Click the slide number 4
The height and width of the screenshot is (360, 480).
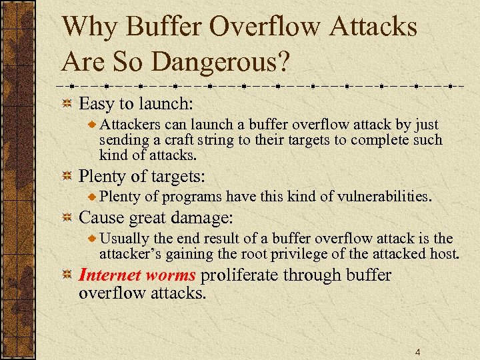click(x=417, y=352)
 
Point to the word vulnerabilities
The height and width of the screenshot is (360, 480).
click(x=384, y=197)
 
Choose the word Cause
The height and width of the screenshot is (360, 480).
click(x=101, y=218)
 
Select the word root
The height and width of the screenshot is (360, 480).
click(x=255, y=253)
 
